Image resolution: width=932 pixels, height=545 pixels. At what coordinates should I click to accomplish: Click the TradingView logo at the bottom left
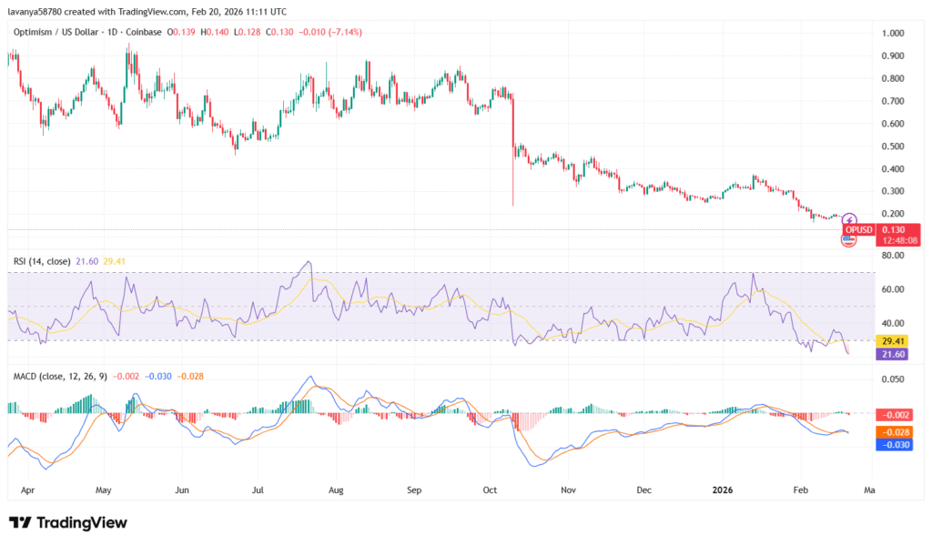[x=68, y=523]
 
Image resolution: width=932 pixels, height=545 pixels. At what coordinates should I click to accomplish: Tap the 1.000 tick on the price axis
[x=893, y=34]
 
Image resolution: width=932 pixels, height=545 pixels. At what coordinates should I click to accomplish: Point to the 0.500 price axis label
[x=893, y=146]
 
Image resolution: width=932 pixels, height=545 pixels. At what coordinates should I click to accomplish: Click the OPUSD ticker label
[x=859, y=229]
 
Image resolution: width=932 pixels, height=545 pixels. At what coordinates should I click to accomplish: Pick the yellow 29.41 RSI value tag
[x=892, y=341]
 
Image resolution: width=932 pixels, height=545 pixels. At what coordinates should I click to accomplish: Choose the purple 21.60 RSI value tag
[x=892, y=354]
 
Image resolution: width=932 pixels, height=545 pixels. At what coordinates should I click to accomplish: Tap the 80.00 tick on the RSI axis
[x=892, y=256]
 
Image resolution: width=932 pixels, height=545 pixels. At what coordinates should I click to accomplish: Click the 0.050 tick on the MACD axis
[x=893, y=378]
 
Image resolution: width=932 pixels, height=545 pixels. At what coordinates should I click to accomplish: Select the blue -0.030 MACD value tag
[x=892, y=445]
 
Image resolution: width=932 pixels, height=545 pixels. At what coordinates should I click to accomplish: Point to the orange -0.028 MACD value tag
[x=892, y=432]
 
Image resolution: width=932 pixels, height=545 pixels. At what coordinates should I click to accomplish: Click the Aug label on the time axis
[x=335, y=489]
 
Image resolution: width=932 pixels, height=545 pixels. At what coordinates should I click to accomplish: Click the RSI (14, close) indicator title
[x=41, y=261]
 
